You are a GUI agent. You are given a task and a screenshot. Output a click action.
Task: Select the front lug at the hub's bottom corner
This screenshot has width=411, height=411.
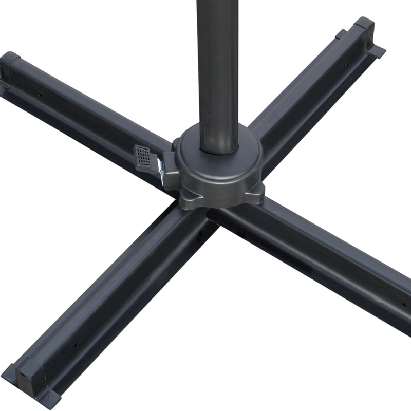coord(188,201)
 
